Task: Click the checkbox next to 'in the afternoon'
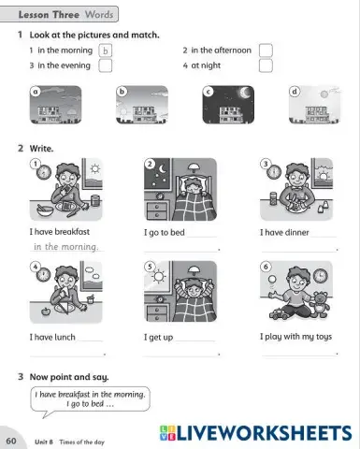click(x=266, y=50)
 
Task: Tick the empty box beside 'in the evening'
click(x=105, y=65)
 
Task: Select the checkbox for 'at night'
click(x=266, y=65)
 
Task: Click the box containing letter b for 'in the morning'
click(x=105, y=50)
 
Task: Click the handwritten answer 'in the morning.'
click(x=66, y=248)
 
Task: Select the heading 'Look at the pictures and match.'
click(x=94, y=35)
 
